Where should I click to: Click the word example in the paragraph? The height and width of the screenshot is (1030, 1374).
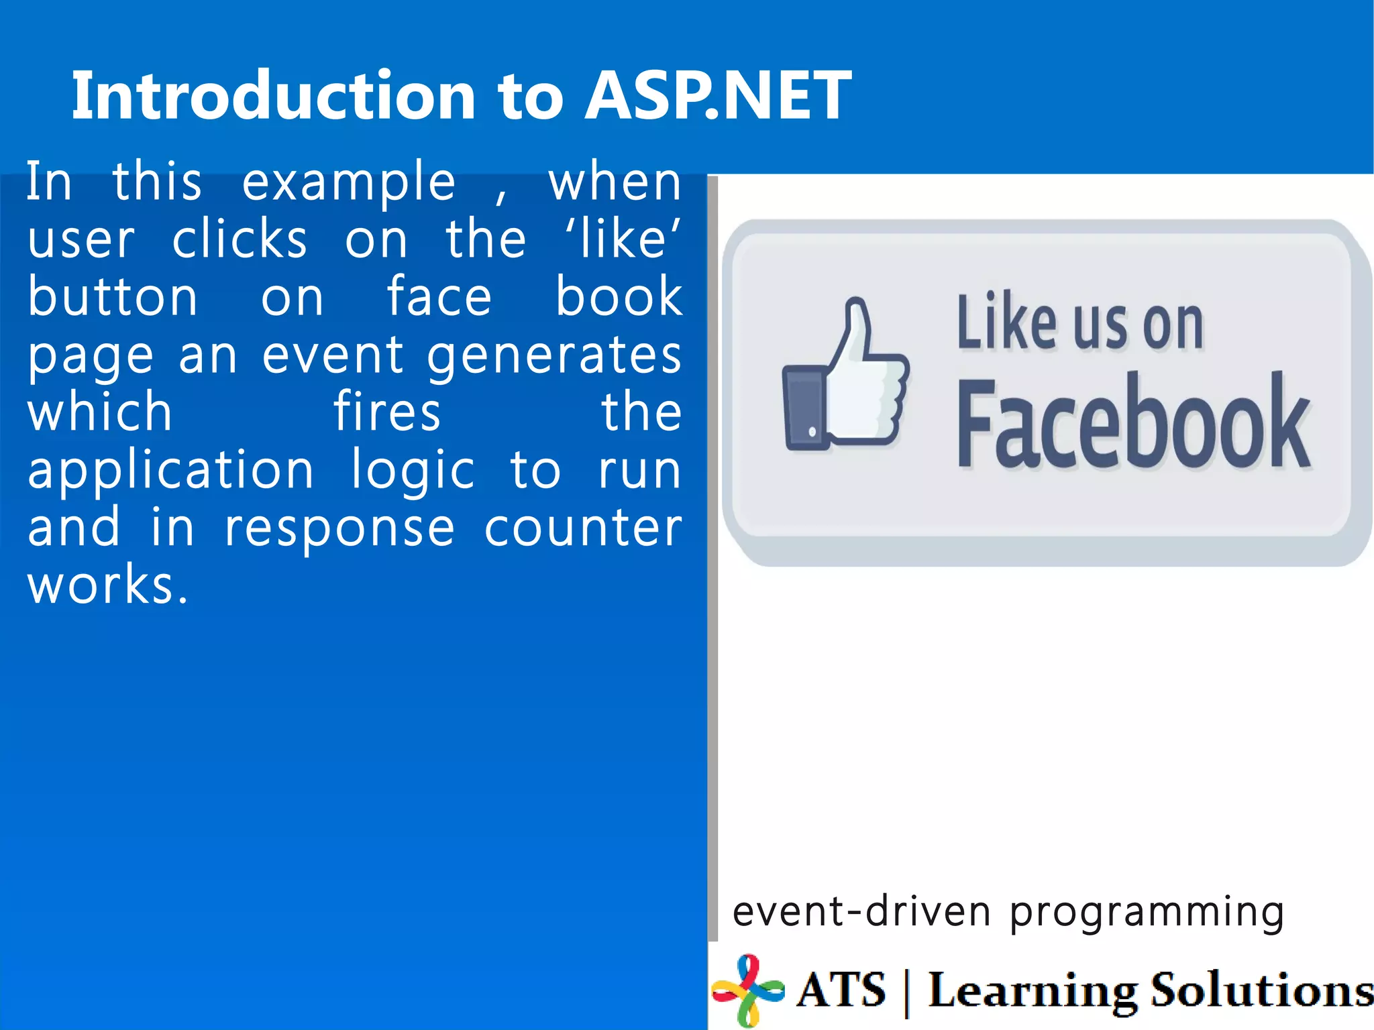(x=349, y=182)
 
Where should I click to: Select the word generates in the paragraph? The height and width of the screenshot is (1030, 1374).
(x=554, y=355)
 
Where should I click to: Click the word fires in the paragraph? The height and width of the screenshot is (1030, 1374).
(x=387, y=412)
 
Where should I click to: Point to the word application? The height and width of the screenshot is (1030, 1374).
(x=171, y=471)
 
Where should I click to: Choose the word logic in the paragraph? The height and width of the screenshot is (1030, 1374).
(x=413, y=471)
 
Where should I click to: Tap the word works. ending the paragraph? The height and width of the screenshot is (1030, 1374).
(x=107, y=585)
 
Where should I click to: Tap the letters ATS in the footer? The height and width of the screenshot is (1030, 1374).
(x=842, y=990)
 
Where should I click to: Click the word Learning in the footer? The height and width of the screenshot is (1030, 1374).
(x=1033, y=991)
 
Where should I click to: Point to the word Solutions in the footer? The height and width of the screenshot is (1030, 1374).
(x=1261, y=991)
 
